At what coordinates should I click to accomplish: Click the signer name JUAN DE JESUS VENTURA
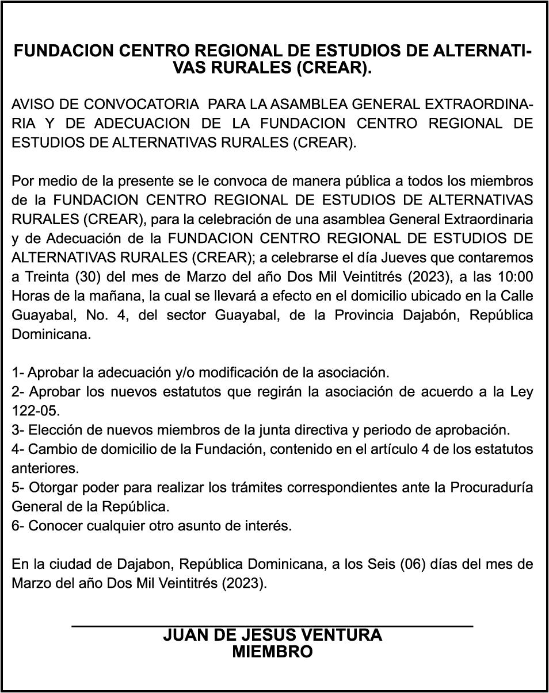(272, 635)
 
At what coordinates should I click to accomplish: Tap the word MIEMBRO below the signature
(272, 652)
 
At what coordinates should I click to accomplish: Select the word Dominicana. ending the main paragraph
(51, 334)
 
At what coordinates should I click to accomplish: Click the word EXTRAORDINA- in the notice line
(482, 105)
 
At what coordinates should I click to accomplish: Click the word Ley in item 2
(521, 392)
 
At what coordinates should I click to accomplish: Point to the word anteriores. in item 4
(45, 468)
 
